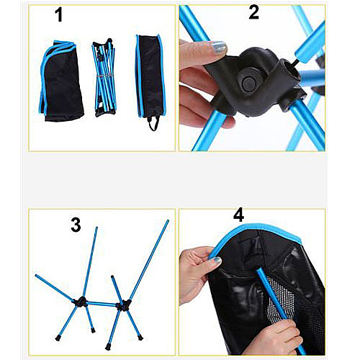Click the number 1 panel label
coord(59,15)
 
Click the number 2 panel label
coord(254,12)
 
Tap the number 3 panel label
coord(76,225)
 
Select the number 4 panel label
coord(238,215)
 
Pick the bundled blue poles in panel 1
coord(104,77)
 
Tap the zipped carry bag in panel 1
coord(150,76)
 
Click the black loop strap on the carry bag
coord(154,123)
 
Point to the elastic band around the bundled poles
coord(104,76)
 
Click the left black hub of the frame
coord(81,302)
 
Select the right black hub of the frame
coord(123,305)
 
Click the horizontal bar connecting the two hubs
coord(102,304)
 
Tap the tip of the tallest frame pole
coord(168,220)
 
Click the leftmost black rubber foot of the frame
coord(58,338)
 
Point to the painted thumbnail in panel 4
coord(217,261)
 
